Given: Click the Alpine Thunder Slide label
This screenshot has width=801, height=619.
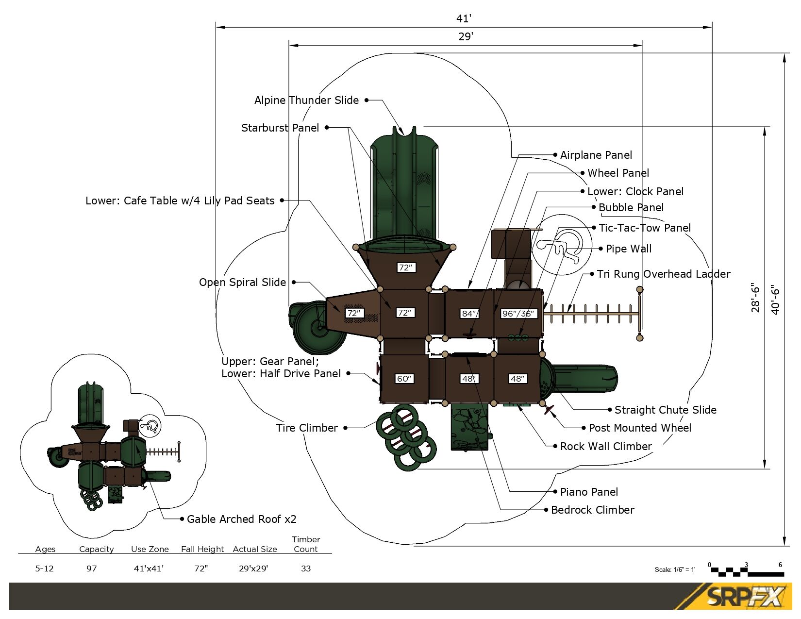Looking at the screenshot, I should [306, 100].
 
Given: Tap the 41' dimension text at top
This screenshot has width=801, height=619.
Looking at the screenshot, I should [464, 18].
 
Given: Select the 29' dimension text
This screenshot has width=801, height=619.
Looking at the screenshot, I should [465, 36].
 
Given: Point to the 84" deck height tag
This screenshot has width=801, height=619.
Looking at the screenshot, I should [469, 314].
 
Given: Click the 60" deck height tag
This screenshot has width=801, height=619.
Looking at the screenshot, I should [404, 379].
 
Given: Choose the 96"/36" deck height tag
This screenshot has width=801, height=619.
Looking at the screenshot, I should [518, 314].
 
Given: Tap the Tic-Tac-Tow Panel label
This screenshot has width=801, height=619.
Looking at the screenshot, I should [644, 228].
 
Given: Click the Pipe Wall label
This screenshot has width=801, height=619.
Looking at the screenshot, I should [628, 249].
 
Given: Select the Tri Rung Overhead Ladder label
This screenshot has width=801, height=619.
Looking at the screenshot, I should [663, 274].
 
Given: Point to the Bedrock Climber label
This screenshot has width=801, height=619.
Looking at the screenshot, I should [592, 510].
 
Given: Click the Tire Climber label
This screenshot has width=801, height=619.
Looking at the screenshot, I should [307, 428].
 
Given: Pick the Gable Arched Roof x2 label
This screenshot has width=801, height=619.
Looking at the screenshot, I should [241, 519].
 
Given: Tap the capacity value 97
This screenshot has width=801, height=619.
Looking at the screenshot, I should [92, 569].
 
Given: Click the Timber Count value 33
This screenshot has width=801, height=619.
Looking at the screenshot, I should [306, 569].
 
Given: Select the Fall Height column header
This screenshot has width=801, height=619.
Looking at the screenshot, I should [202, 550].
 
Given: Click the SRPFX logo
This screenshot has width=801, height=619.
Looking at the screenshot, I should [745, 597].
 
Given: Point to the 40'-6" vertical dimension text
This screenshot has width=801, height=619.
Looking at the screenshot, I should [775, 300].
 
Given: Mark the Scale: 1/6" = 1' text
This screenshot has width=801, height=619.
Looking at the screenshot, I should [675, 570].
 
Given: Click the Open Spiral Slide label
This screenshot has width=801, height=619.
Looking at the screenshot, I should [242, 283].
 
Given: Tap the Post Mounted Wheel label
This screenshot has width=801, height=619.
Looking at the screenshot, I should [640, 428].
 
